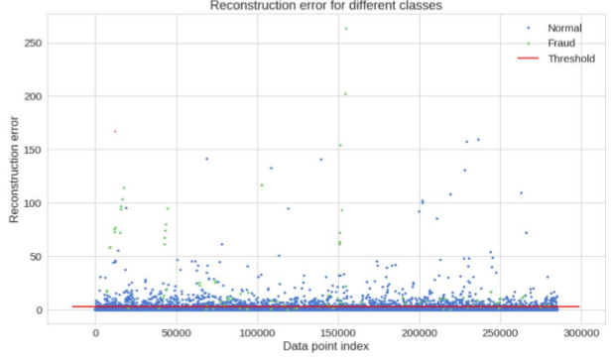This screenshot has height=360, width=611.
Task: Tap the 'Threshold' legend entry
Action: point(570,59)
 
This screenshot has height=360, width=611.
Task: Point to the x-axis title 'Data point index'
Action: point(326,346)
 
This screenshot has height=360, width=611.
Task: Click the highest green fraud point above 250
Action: point(346,28)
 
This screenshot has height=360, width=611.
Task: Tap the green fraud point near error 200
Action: point(345,94)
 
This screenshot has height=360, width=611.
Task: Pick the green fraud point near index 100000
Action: point(262,185)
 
